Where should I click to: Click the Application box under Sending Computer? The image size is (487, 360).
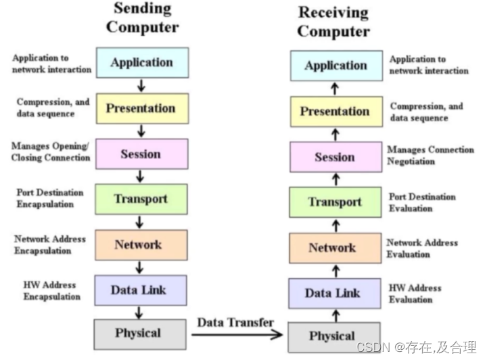(142, 62)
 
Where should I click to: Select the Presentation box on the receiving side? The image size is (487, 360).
(334, 112)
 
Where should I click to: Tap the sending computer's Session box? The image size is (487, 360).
(141, 154)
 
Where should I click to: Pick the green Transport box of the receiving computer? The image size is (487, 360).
(334, 202)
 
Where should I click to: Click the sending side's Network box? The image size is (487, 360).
(141, 244)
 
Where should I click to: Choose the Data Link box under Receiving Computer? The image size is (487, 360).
(334, 293)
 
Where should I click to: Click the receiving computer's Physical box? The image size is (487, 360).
(333, 336)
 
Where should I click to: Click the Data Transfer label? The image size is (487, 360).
(236, 322)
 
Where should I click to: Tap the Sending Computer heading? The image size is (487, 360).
(142, 18)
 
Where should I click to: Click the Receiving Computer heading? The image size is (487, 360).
(334, 21)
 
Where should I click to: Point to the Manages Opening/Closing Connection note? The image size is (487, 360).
(51, 152)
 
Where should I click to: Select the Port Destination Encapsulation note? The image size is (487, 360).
(50, 197)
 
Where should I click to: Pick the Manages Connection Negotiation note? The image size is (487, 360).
(430, 155)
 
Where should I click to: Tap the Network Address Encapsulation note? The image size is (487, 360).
(50, 245)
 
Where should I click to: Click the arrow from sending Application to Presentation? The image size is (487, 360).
(141, 85)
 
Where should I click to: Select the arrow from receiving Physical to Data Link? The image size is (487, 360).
(334, 315)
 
